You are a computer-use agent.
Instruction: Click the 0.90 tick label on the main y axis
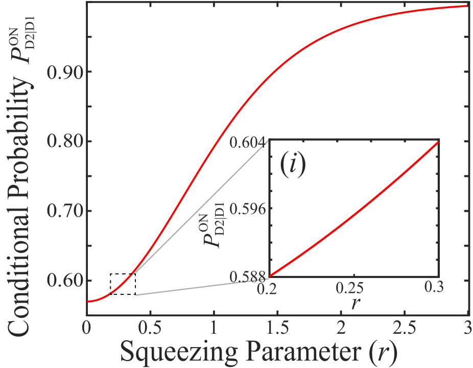(x=63, y=72)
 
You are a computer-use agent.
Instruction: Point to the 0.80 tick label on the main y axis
(x=63, y=142)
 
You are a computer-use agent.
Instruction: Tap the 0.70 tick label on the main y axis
(x=63, y=211)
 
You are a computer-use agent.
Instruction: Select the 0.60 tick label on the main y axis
(x=63, y=281)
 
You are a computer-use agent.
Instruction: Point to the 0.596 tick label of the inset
(x=248, y=209)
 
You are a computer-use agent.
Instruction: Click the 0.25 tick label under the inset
(x=354, y=288)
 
